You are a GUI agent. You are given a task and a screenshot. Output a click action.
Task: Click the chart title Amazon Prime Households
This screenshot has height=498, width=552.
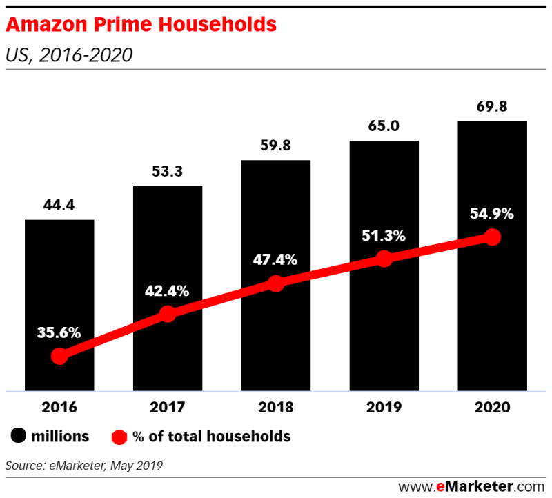point(141,25)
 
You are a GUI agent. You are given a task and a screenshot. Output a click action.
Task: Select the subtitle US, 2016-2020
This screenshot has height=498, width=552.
point(68,54)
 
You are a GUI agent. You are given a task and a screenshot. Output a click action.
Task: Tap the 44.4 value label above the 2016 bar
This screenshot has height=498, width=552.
point(59,204)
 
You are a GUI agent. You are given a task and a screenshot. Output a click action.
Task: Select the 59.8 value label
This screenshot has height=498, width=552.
point(275,146)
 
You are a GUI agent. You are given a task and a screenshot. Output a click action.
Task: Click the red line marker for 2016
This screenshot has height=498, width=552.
point(59,356)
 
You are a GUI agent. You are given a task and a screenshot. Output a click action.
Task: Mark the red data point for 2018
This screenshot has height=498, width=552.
point(276,283)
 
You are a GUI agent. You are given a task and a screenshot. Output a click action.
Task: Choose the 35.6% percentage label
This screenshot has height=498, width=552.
point(59,332)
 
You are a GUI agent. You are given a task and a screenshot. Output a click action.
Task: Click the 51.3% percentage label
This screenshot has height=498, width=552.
point(384,235)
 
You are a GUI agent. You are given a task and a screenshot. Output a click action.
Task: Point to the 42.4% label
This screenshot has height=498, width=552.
point(168,290)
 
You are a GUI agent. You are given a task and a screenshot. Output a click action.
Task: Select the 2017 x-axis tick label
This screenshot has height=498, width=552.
point(168,407)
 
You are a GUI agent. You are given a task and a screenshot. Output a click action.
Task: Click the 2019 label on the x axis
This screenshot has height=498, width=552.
point(384,407)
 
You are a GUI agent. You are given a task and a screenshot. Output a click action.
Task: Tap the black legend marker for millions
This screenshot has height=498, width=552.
point(18,436)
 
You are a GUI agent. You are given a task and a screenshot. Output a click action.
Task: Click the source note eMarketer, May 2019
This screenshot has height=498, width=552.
point(84,466)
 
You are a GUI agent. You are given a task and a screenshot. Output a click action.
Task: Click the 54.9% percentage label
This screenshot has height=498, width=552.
point(492,213)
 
